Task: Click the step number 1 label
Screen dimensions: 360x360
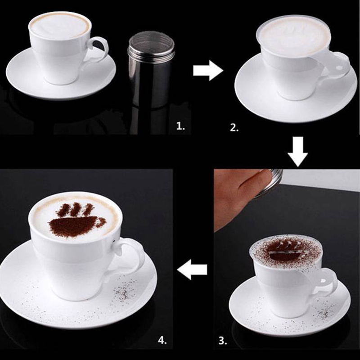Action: point(180,126)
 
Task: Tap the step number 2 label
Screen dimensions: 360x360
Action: point(234,128)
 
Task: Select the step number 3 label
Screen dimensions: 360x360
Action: point(222,341)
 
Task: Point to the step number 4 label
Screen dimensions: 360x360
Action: point(162,340)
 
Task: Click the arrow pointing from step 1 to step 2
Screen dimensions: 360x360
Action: point(208,70)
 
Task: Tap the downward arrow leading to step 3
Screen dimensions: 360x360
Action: point(298,152)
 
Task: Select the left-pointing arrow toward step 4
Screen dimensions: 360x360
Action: point(192,269)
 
